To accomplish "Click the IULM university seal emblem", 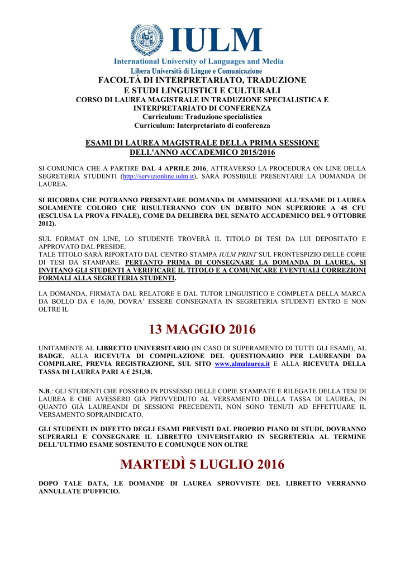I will (x=147, y=40).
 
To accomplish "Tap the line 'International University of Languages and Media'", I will (x=199, y=61).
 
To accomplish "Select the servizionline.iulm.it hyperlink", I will (x=159, y=177).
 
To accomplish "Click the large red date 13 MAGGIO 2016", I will (x=202, y=330).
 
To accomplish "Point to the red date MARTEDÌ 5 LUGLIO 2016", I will (x=202, y=464).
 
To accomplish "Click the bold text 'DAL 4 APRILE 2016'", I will (x=174, y=168).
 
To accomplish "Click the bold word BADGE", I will (x=50, y=356).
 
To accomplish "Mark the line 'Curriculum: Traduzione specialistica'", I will (x=202, y=117).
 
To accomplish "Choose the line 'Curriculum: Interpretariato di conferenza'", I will (x=202, y=126).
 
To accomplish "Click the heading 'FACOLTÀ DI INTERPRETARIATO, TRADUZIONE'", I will (x=202, y=80).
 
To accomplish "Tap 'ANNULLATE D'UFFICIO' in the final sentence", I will (x=79, y=490).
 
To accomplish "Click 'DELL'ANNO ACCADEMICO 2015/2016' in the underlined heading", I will (x=202, y=152).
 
